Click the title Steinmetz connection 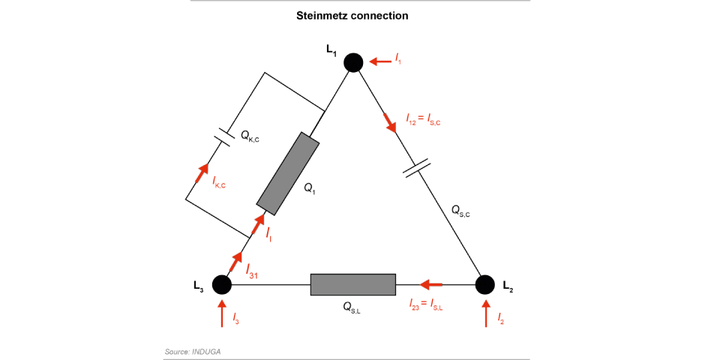pyautogui.click(x=352, y=15)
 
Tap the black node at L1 pyautogui.click(x=354, y=62)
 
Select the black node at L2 pyautogui.click(x=484, y=285)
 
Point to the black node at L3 pyautogui.click(x=221, y=285)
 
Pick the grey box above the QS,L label pyautogui.click(x=352, y=285)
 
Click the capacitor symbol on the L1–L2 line pyautogui.click(x=416, y=167)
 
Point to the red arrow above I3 pyautogui.click(x=222, y=313)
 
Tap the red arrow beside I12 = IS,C pyautogui.click(x=391, y=122)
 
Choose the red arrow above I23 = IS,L pyautogui.click(x=431, y=285)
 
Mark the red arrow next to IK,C pyautogui.click(x=202, y=173)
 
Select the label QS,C pyautogui.click(x=460, y=211)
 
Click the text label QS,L pyautogui.click(x=352, y=307)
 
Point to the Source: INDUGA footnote pyautogui.click(x=193, y=351)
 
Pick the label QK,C pyautogui.click(x=250, y=136)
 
